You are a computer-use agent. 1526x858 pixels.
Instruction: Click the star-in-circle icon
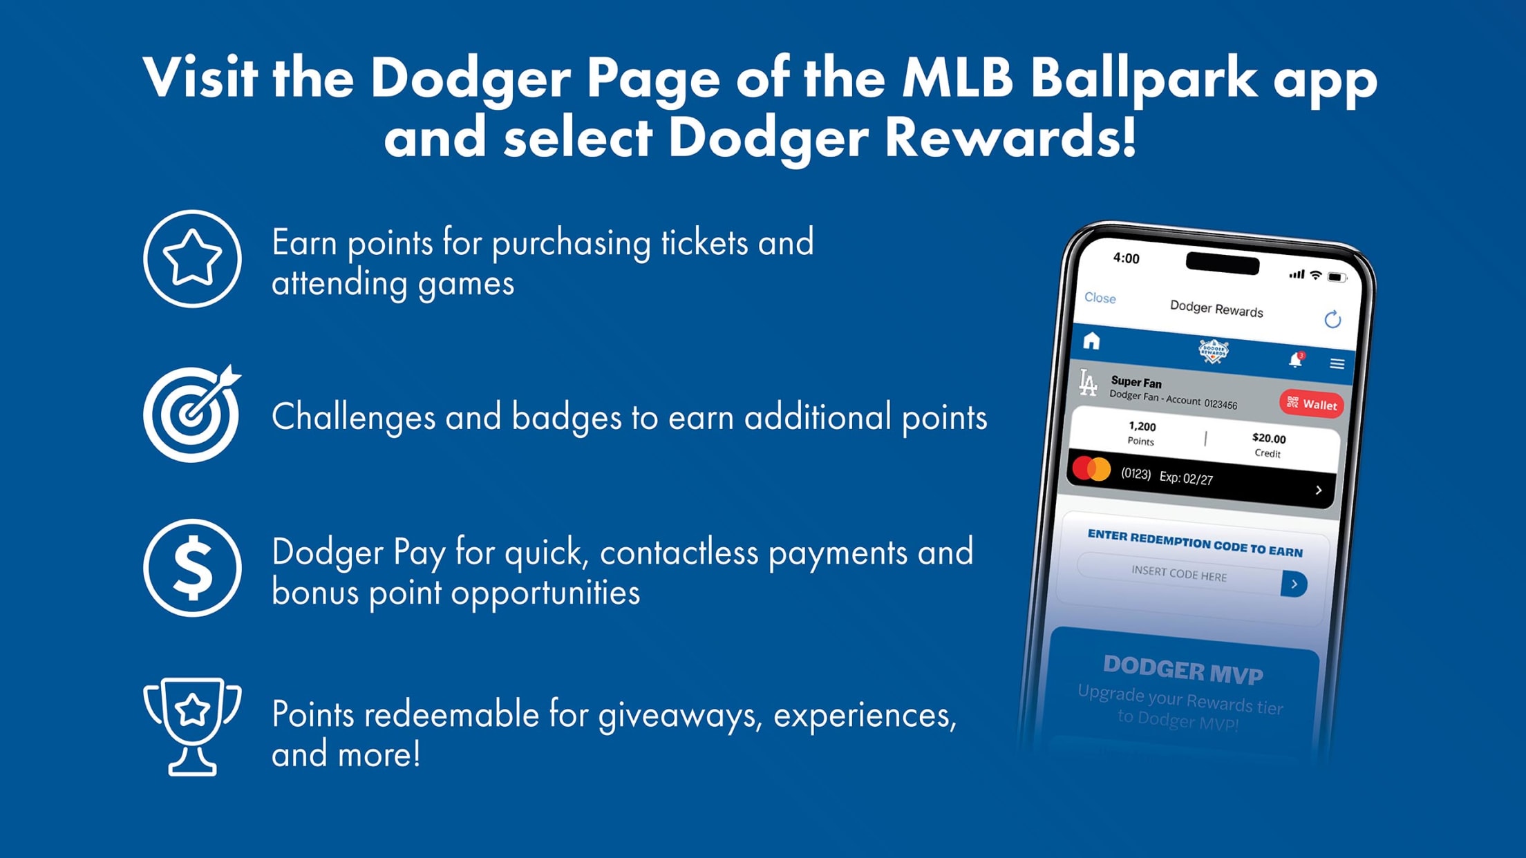click(192, 259)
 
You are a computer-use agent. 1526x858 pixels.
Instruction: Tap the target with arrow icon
click(191, 414)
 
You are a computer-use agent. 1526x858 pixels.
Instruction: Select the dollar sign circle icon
click(192, 568)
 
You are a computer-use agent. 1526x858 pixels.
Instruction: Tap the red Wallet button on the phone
click(1312, 404)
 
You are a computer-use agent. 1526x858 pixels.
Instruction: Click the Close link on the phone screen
click(1100, 298)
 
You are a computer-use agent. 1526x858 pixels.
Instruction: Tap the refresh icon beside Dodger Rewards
click(1332, 319)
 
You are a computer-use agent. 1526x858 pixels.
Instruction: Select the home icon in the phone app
click(1091, 341)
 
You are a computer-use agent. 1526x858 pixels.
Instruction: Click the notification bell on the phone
click(1295, 360)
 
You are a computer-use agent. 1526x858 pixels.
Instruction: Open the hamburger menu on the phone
click(1337, 364)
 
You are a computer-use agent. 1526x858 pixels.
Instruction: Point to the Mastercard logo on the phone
click(1091, 469)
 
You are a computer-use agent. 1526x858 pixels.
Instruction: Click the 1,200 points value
click(1142, 426)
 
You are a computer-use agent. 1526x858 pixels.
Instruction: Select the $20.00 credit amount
click(1269, 438)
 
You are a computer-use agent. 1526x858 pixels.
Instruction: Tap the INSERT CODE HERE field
click(1179, 574)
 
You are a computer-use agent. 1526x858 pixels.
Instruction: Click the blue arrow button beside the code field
click(1294, 584)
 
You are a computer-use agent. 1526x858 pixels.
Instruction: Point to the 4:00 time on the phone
click(1126, 258)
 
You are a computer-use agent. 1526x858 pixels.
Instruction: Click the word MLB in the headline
click(957, 77)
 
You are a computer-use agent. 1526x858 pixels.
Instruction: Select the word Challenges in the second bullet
click(353, 417)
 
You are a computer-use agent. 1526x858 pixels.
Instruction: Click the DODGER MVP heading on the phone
click(1183, 670)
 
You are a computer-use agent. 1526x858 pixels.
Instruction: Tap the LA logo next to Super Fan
click(1089, 383)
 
